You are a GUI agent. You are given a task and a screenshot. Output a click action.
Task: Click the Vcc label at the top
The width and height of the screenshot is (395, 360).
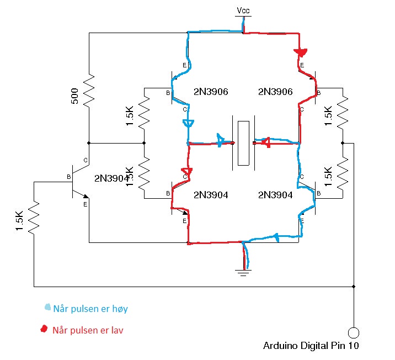(243, 10)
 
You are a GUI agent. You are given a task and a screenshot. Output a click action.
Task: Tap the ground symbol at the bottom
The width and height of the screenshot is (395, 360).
(243, 273)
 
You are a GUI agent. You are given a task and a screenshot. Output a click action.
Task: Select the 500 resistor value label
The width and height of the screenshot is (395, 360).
(74, 96)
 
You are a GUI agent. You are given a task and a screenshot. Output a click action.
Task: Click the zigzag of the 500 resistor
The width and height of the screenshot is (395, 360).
(89, 91)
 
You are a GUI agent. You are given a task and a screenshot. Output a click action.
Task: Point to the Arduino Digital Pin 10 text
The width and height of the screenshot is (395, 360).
(311, 346)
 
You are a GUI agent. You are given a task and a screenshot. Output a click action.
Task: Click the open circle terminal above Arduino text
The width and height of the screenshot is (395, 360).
(354, 333)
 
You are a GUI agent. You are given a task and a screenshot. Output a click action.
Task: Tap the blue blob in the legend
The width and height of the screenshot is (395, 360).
(47, 307)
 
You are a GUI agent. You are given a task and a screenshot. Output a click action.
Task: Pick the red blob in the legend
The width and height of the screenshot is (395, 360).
(44, 329)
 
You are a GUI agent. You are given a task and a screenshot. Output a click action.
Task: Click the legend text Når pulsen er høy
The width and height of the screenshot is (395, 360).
(90, 309)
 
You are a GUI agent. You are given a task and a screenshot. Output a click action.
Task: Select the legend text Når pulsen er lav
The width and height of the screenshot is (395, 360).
(88, 330)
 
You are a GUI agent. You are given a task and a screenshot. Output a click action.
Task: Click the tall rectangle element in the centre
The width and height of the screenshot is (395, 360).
(243, 143)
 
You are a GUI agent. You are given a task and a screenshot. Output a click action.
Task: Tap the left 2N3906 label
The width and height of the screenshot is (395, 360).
(211, 92)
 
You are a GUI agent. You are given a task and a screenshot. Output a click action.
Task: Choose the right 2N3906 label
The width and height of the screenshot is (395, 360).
(275, 92)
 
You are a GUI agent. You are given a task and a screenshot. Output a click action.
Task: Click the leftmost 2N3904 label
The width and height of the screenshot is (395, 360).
(111, 178)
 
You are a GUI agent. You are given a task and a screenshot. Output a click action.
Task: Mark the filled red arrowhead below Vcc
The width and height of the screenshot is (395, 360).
(300, 52)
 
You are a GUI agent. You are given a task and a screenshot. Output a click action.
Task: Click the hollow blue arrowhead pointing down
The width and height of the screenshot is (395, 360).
(188, 124)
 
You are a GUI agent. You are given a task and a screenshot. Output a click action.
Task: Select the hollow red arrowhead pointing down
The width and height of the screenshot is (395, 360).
(187, 172)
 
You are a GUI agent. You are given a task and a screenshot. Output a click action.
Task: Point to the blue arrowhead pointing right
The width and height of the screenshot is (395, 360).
(221, 140)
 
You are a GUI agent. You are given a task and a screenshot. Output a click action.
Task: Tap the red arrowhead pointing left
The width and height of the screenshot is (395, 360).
(266, 142)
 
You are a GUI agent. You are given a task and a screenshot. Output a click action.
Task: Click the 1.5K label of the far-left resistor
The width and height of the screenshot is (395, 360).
(19, 221)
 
